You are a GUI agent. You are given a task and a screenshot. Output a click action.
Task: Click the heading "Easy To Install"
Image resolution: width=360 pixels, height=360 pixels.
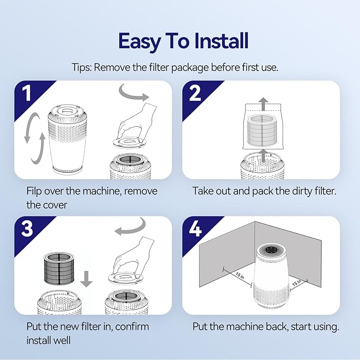[183, 41]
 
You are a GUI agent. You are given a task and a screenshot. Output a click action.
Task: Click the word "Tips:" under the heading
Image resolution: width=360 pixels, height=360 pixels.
[83, 67]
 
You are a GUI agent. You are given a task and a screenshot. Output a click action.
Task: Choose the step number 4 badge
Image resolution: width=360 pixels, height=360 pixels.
[195, 229]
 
